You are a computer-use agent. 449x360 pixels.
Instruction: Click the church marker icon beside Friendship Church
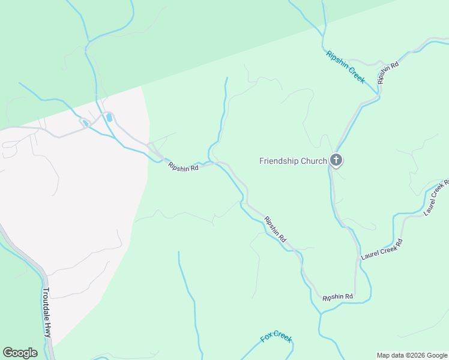coord(336,160)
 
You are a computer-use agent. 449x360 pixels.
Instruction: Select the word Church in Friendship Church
coord(315,161)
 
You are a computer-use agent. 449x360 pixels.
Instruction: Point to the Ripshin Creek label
coord(345,67)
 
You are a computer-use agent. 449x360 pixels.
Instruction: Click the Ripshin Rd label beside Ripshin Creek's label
coord(388,73)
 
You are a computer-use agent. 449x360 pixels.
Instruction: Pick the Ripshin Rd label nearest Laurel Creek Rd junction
coord(337,297)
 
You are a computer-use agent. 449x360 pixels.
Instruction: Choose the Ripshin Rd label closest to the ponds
coord(183,167)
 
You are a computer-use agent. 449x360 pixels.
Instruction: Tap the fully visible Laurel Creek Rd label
coord(382,249)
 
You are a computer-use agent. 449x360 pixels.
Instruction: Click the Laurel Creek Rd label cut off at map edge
coord(436,197)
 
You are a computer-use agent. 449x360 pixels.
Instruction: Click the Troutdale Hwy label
coord(47,313)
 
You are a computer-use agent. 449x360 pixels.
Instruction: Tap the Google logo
coord(20,353)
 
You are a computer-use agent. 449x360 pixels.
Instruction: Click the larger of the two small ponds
coord(109,118)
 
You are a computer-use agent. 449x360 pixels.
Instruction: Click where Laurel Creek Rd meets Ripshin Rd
coord(355,295)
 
